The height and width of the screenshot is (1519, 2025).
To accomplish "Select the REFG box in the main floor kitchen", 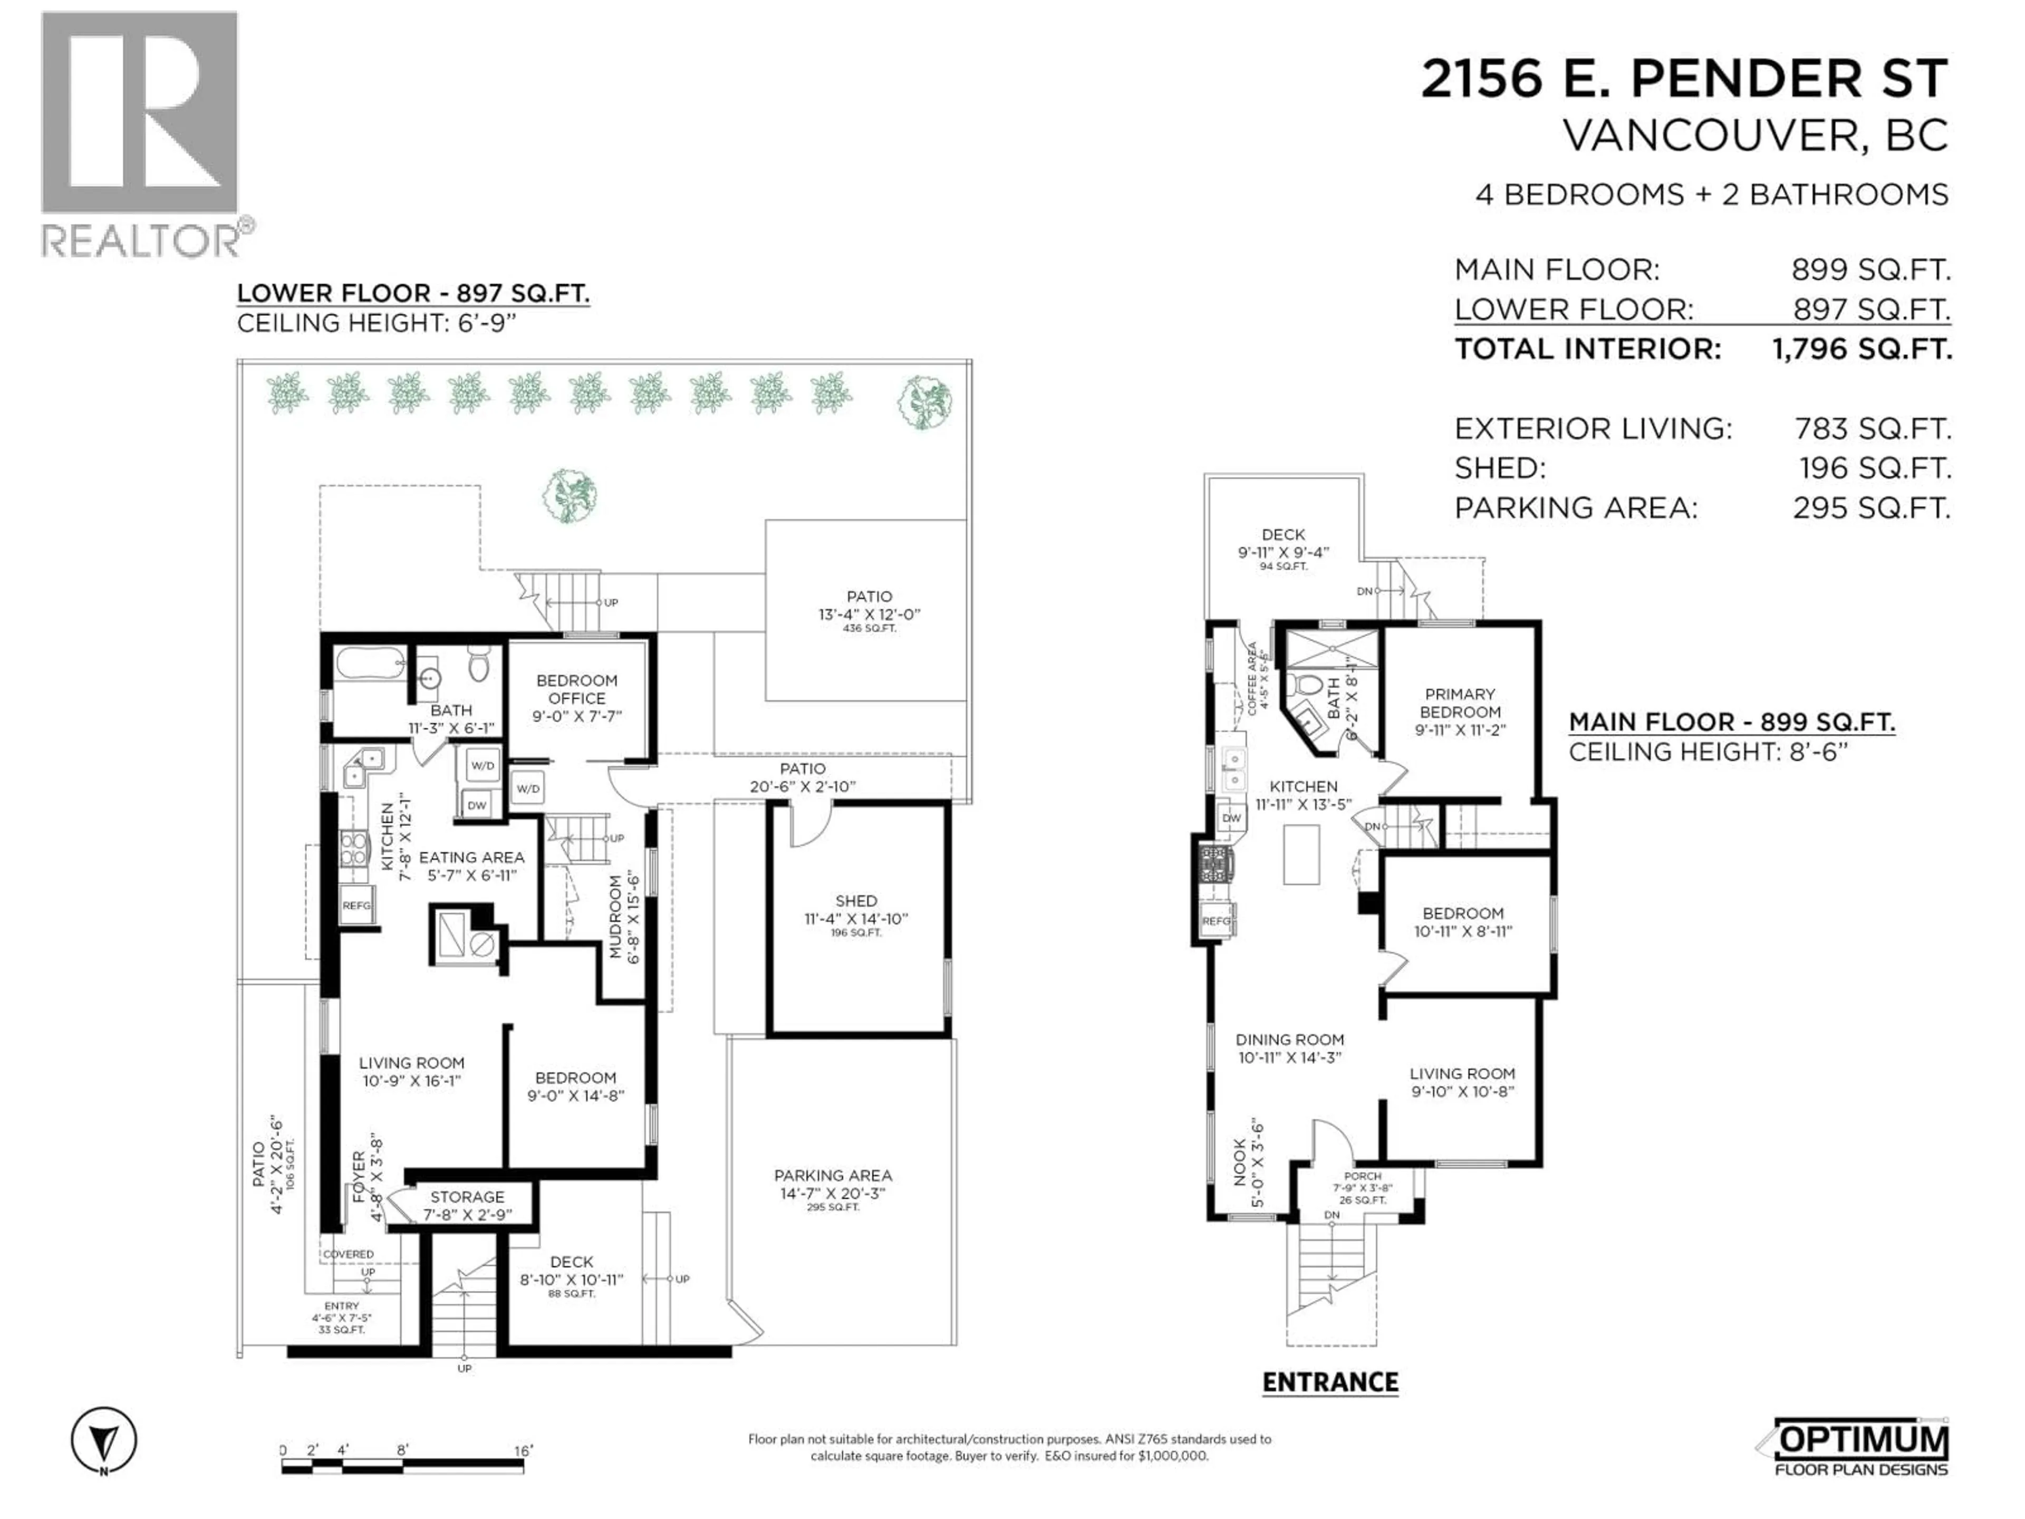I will (x=1216, y=921).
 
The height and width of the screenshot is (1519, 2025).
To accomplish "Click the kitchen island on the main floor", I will (x=1301, y=854).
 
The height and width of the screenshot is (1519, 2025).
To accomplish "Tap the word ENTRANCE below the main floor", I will (x=1329, y=1382).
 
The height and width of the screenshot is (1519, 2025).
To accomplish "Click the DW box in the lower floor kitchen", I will (x=477, y=806).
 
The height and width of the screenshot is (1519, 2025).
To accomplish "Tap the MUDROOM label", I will (x=616, y=916).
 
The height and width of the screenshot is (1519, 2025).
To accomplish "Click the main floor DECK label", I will (x=1282, y=535).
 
